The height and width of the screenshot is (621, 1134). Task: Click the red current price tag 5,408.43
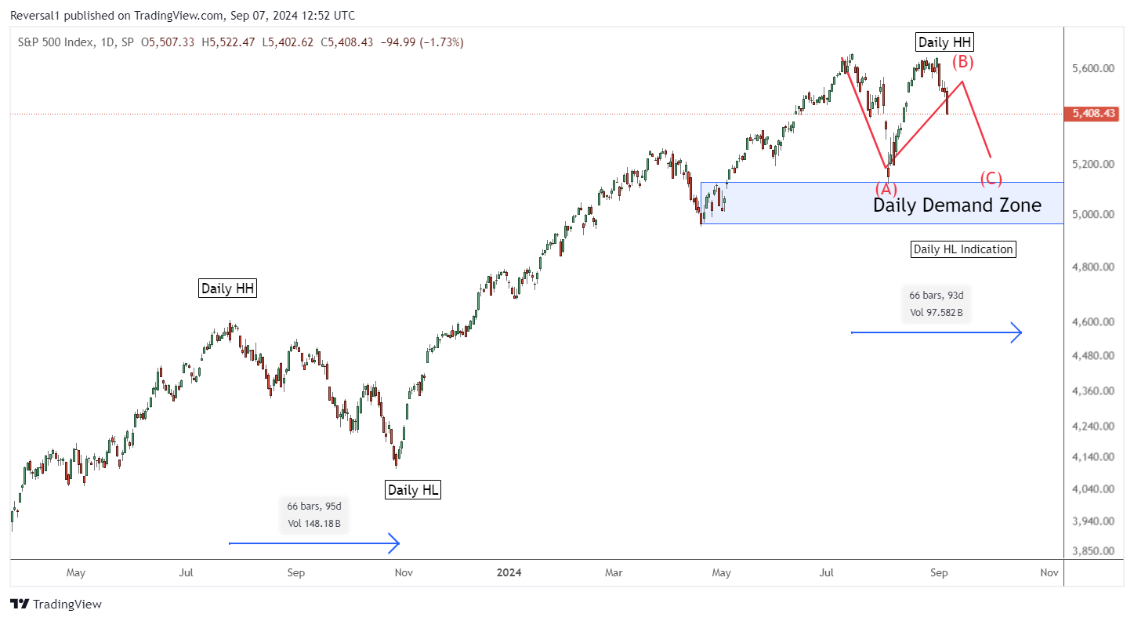(1094, 114)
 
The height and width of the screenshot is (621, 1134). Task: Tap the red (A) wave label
(886, 189)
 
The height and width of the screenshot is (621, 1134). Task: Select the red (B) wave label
(962, 62)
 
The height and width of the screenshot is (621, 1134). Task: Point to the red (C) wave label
(991, 179)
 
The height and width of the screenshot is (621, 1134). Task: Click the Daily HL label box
(413, 490)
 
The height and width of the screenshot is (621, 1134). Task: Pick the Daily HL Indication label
(963, 249)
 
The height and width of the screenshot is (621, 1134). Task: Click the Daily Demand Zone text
(957, 205)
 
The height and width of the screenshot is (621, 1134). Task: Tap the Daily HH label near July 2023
(227, 289)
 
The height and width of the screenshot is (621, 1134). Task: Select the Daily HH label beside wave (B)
(945, 42)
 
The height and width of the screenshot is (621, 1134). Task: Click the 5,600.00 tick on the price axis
(1092, 69)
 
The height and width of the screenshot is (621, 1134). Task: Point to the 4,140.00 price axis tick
(1092, 456)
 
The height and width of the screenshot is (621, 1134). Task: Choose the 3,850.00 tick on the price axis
(1092, 551)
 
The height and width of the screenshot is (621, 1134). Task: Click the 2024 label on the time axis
(509, 572)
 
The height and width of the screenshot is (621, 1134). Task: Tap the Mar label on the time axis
(614, 572)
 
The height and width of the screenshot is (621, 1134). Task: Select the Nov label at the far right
(1049, 572)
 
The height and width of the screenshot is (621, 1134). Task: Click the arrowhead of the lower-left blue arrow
(397, 543)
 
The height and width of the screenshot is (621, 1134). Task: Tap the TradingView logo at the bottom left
(56, 604)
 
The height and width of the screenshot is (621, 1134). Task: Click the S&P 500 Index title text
(55, 42)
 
